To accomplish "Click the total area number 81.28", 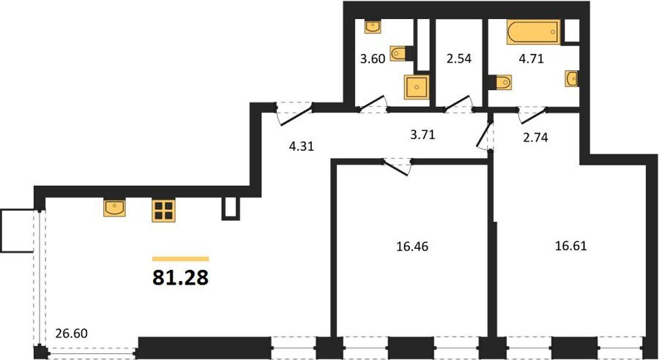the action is [x=180, y=277].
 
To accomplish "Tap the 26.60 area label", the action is [x=72, y=334].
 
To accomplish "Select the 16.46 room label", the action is [x=412, y=247].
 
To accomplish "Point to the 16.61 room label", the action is [x=570, y=246].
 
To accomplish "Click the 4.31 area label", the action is [x=302, y=146].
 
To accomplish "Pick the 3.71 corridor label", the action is [x=422, y=135].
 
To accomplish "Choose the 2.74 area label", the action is [x=535, y=138].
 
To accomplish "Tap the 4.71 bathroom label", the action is [x=532, y=59].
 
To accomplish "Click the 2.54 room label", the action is [x=459, y=59].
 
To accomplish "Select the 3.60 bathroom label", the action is [x=373, y=59].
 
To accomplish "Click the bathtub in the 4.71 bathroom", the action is [x=533, y=32].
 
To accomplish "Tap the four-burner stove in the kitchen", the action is [x=163, y=211].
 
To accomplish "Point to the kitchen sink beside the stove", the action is [x=114, y=209].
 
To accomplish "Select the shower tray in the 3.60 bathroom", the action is [x=417, y=87].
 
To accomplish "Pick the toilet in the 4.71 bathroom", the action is [x=502, y=82].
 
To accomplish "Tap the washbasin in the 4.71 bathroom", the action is [x=571, y=78].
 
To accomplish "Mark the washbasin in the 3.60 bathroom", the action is [x=373, y=27].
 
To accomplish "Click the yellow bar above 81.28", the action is [x=180, y=259].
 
